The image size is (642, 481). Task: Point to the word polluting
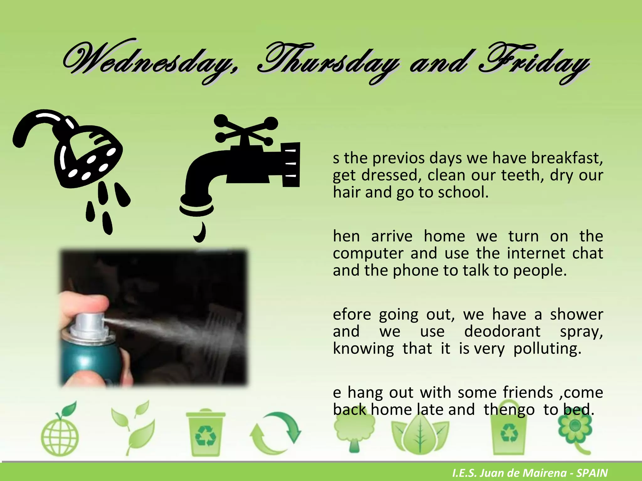(x=547, y=349)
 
